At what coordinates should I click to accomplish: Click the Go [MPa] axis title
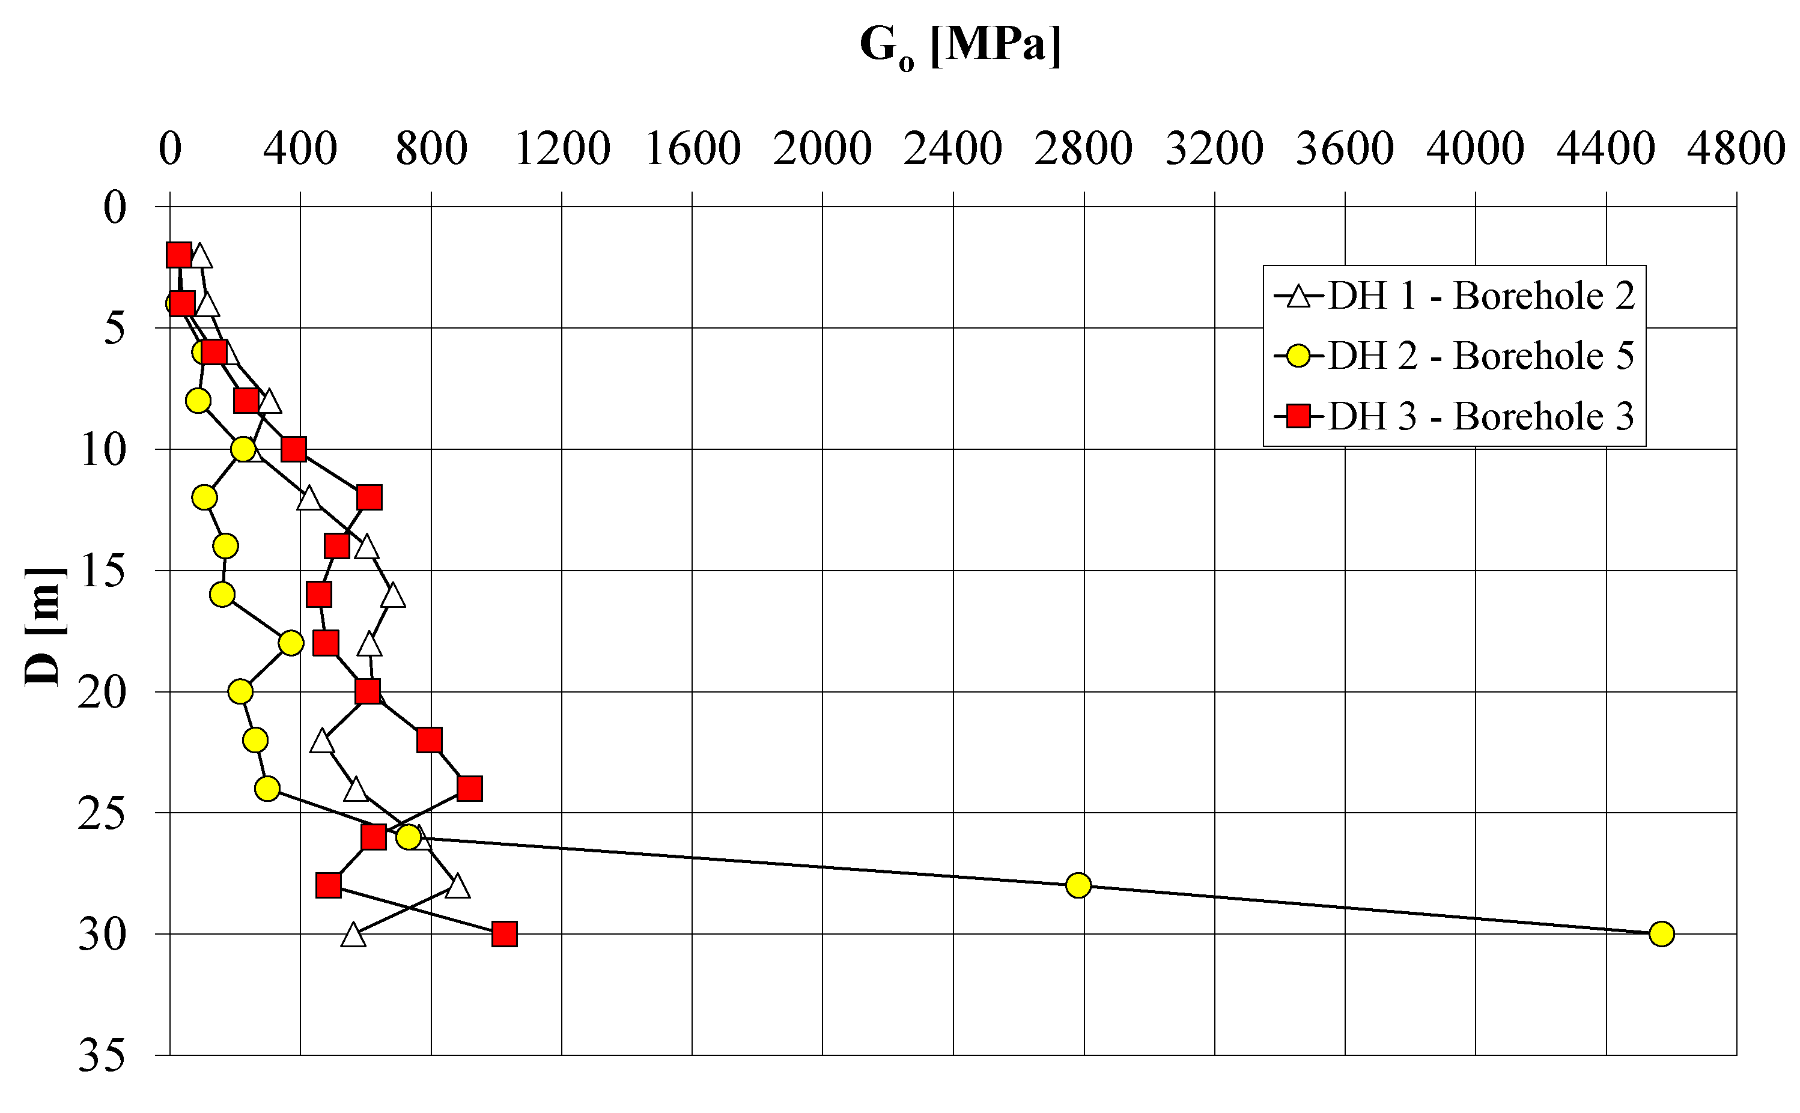(960, 46)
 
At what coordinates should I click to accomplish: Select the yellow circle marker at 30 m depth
(1662, 934)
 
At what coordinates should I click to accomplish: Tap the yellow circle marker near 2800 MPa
(1078, 885)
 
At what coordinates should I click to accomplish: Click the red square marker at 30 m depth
(504, 934)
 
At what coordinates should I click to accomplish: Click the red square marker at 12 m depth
(369, 497)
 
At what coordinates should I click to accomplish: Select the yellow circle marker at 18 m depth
(291, 643)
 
